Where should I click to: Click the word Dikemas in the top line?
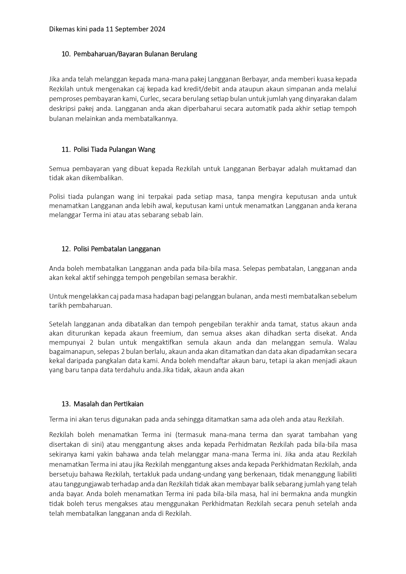(x=60, y=29)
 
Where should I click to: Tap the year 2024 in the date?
(x=158, y=29)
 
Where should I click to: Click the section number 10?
(x=66, y=54)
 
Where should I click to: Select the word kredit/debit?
(x=203, y=89)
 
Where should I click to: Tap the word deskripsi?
(x=62, y=109)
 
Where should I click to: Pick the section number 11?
(x=66, y=149)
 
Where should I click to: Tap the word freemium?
(x=167, y=333)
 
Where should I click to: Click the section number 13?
(x=66, y=404)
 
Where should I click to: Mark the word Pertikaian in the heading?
(x=128, y=404)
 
